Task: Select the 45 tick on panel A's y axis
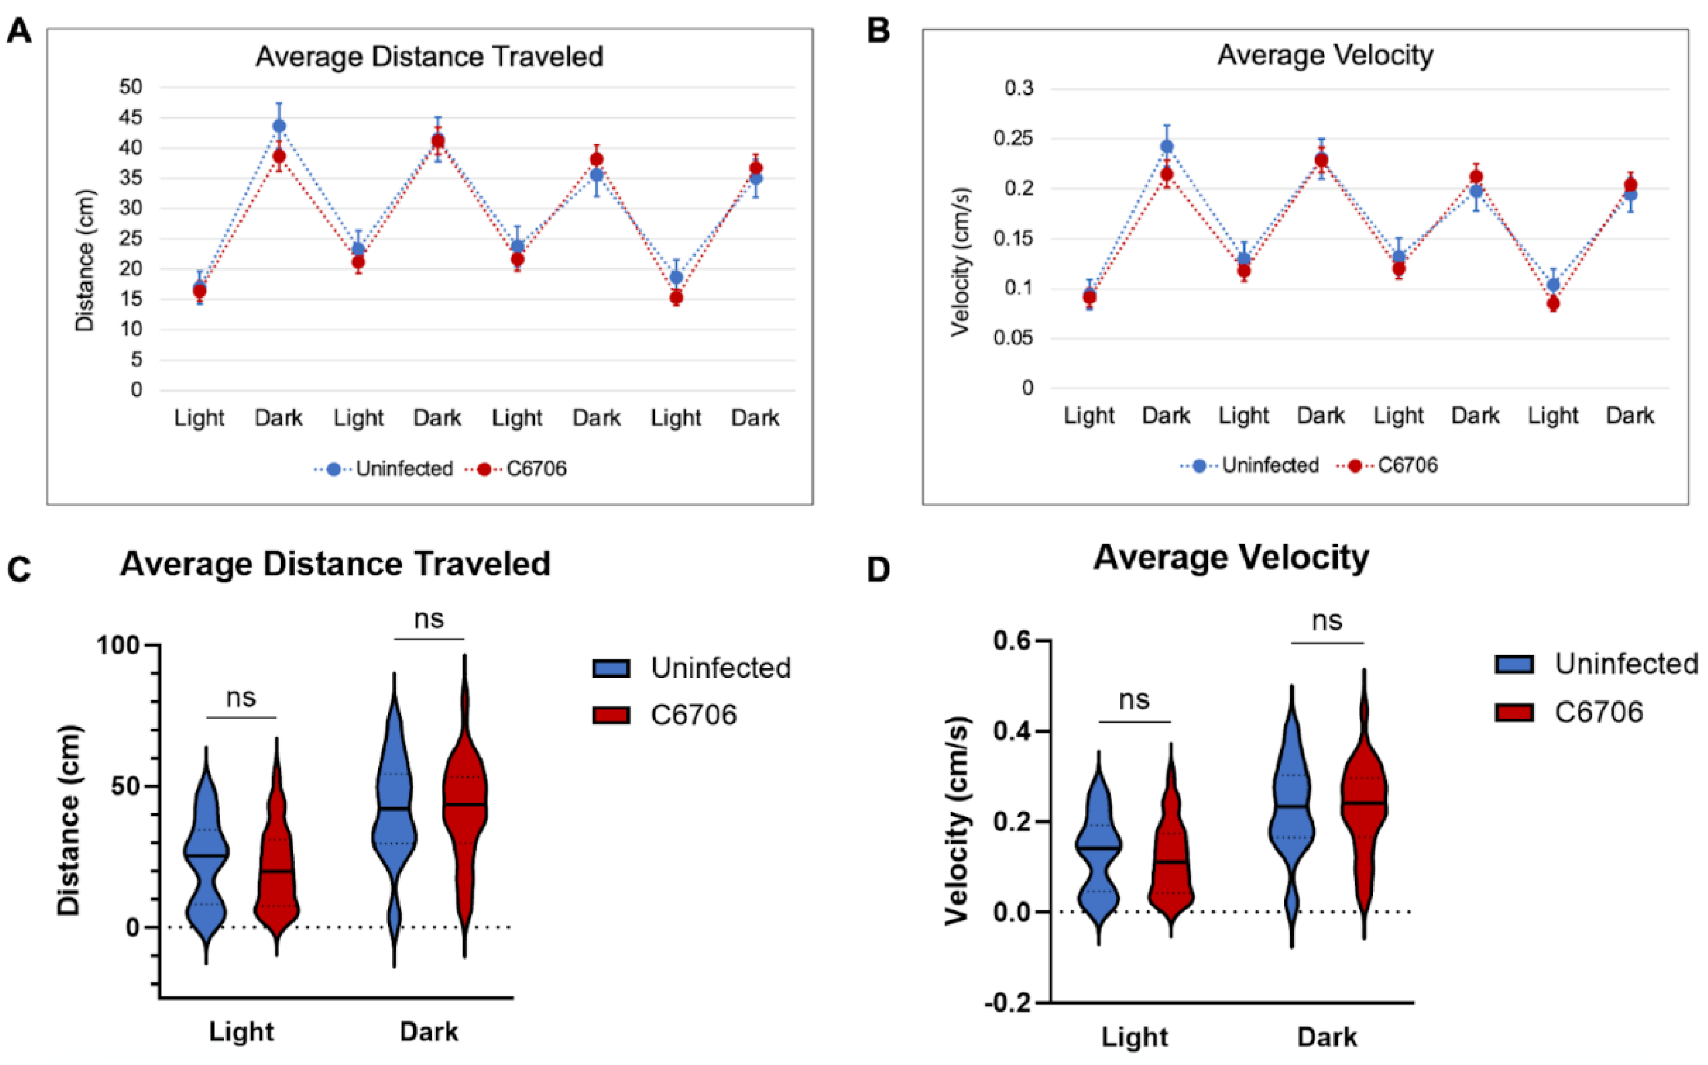(x=131, y=118)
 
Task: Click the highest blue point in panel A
(x=279, y=127)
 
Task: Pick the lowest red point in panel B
(x=1553, y=304)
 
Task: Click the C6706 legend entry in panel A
(x=536, y=469)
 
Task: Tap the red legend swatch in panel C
(x=611, y=715)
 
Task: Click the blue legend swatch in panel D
(x=1514, y=664)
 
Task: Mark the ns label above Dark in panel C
(x=429, y=619)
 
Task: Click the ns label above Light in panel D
(x=1134, y=699)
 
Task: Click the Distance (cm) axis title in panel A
(x=85, y=260)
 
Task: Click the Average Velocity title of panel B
(x=1325, y=56)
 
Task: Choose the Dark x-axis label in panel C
(x=429, y=1032)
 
